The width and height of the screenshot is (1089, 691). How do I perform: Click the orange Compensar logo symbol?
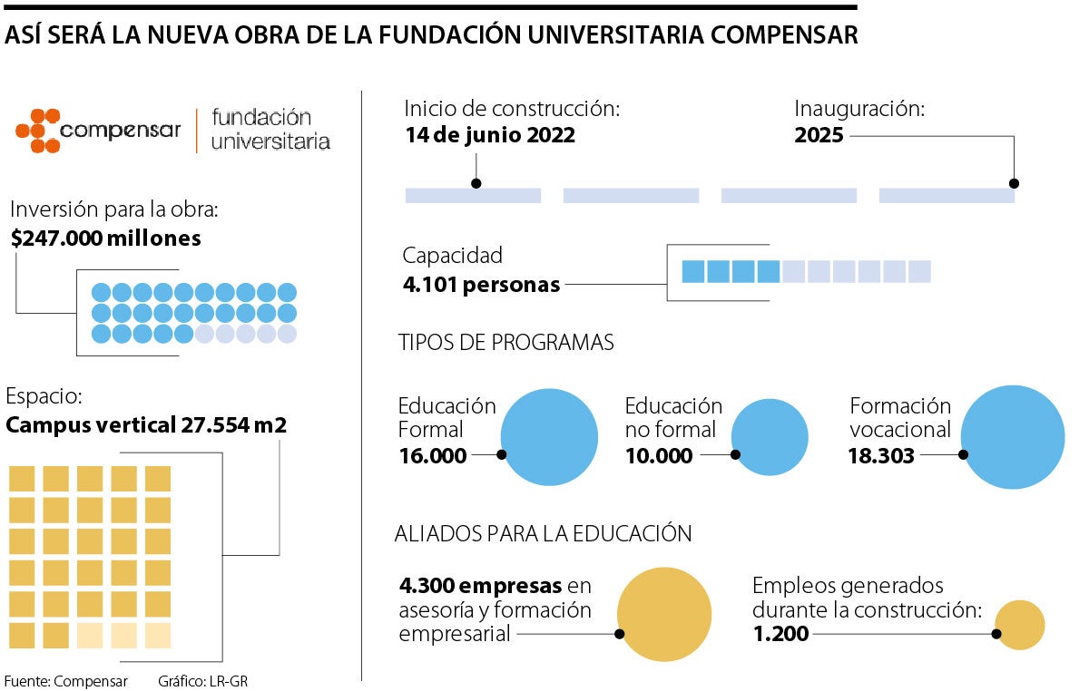point(38,131)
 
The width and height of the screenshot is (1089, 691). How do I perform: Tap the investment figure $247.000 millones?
point(106,238)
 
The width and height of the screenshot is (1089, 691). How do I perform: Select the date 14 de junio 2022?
point(490,136)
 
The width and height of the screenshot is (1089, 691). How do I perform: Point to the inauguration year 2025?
point(819,136)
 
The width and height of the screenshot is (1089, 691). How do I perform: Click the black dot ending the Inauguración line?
point(1014,183)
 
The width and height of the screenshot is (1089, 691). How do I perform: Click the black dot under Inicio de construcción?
point(476,183)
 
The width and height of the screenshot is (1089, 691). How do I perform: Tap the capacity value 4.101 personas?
point(481,284)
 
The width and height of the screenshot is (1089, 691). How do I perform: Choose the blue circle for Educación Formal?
point(549,436)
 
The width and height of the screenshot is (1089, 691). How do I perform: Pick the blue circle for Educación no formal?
point(770,437)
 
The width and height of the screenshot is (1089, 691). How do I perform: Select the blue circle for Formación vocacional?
point(1012,437)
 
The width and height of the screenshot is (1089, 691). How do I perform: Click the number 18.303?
point(881,455)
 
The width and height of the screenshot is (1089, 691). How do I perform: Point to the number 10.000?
point(659,455)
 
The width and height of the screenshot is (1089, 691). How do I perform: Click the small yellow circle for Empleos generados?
point(1020,625)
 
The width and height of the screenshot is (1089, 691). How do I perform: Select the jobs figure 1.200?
point(780,634)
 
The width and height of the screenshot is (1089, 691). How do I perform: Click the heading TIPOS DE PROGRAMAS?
point(505,343)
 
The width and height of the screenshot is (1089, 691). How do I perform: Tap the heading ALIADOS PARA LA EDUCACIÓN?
point(543,534)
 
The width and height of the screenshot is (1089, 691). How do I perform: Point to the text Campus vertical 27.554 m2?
point(146,424)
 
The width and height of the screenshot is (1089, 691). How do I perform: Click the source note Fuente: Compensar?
point(65,681)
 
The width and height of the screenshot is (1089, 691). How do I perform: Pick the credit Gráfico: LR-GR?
point(202,681)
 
